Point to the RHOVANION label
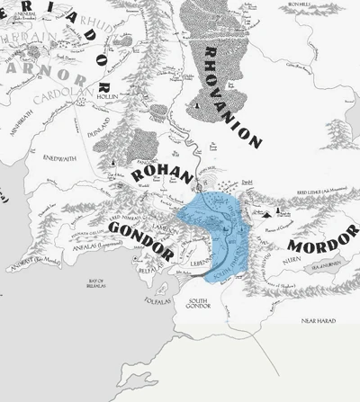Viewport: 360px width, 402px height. click(232, 95)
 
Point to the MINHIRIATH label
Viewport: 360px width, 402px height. click(19, 129)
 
